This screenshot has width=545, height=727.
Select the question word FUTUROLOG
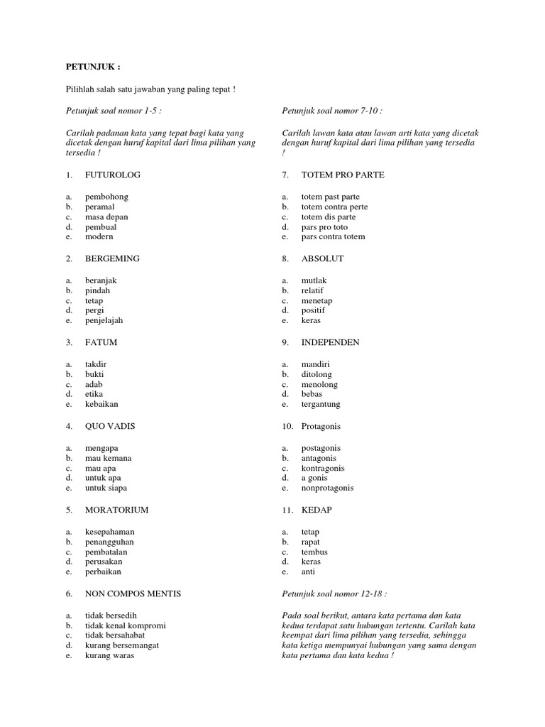112,175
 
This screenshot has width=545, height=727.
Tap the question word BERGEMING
112,258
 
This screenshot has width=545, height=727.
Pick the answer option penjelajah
104,320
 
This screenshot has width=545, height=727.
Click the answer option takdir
97,364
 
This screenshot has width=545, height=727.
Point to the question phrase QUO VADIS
110,426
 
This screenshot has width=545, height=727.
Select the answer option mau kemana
108,458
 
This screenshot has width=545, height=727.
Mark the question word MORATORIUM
117,510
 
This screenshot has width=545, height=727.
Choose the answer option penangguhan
109,542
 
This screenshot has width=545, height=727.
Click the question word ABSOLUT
322,258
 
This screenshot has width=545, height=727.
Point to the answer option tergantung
321,404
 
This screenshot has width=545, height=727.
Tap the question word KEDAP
316,510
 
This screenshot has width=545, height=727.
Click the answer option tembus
314,552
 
